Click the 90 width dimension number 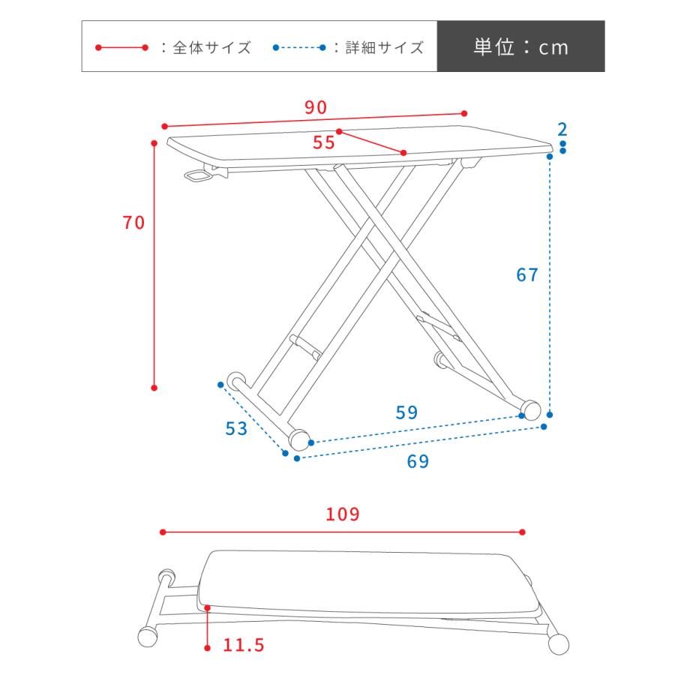click(x=316, y=107)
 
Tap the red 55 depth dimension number click(x=324, y=143)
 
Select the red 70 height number click(x=133, y=222)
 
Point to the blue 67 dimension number click(x=527, y=275)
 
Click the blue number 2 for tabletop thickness click(x=562, y=128)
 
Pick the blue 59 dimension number click(x=406, y=412)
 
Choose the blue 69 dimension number click(x=418, y=462)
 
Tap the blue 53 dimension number click(x=236, y=429)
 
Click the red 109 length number click(x=343, y=514)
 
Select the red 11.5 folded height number click(x=244, y=645)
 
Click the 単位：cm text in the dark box click(x=520, y=47)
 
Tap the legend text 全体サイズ click(x=211, y=48)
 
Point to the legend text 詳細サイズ click(x=385, y=48)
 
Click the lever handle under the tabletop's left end click(x=198, y=176)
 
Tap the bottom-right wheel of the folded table click(x=558, y=643)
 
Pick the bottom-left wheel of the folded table click(x=148, y=637)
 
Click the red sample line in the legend click(x=121, y=48)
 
